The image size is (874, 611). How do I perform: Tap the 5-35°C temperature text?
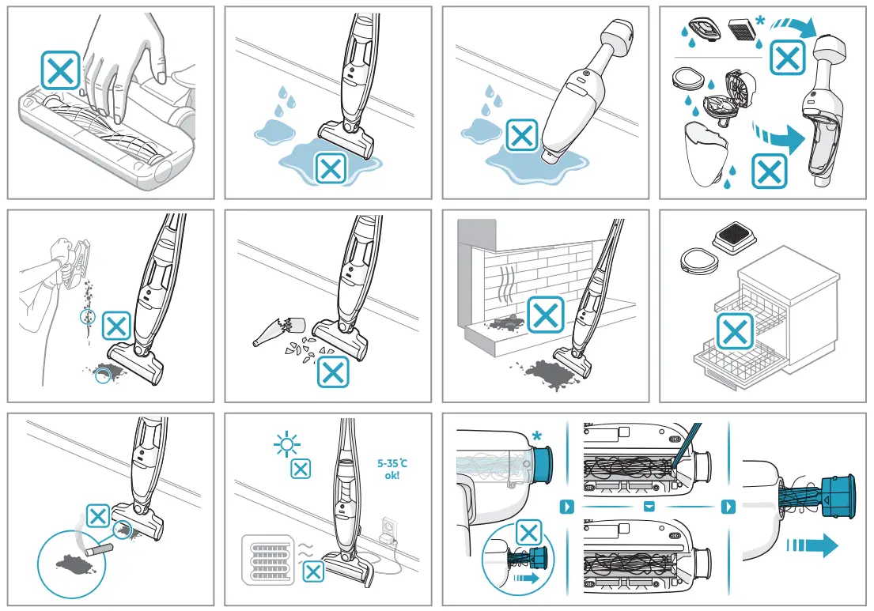tap(393, 463)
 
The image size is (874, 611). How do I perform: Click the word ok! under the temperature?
tap(393, 477)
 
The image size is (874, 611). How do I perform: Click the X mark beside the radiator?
tap(314, 572)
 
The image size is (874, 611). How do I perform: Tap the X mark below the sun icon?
tap(301, 470)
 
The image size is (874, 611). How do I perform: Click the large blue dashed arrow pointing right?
tap(811, 545)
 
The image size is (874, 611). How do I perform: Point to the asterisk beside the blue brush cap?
tap(538, 437)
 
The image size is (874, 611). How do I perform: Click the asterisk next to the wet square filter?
tap(759, 23)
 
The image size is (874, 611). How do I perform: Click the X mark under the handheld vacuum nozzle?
tap(521, 135)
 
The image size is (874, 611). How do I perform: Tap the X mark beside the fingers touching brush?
tap(61, 71)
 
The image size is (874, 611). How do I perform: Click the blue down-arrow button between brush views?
tap(649, 506)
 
